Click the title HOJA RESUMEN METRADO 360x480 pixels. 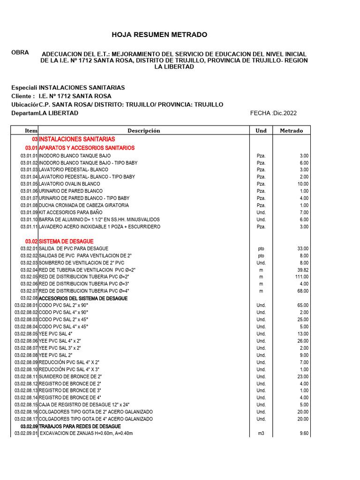coord(159,35)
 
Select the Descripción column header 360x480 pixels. coord(143,131)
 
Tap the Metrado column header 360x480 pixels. coord(291,131)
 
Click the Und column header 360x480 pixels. coord(261,131)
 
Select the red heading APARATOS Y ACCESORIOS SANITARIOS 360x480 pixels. coord(86,148)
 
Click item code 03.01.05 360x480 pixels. coord(29,184)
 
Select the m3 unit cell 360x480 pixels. coord(261,434)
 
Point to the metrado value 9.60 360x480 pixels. coord(303,434)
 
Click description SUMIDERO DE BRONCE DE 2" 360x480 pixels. coord(70,376)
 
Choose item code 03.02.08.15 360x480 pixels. coord(26,405)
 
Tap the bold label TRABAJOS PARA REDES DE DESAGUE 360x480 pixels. coord(80,426)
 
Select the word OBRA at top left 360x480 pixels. coord(20,52)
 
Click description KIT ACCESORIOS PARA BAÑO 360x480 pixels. coord(70,212)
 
